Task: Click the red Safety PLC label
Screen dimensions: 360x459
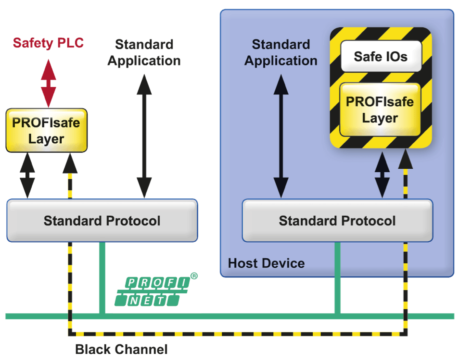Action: [x=48, y=43]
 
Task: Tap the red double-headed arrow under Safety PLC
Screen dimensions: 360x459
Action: [x=48, y=83]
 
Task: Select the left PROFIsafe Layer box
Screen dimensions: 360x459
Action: [x=46, y=130]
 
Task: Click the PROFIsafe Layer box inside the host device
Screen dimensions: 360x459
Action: [x=380, y=110]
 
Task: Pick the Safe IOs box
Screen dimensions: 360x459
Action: [x=381, y=56]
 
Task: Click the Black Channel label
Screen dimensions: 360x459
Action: [x=121, y=349]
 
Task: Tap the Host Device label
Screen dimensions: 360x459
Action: [x=266, y=263]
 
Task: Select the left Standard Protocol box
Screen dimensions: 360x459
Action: [x=102, y=221]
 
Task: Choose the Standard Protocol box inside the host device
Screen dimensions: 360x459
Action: [x=337, y=221]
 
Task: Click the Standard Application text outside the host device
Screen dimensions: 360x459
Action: [x=144, y=53]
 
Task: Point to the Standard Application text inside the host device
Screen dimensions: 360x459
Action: [x=281, y=53]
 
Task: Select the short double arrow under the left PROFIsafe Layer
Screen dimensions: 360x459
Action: [x=27, y=175]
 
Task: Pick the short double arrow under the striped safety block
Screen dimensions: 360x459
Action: [x=382, y=174]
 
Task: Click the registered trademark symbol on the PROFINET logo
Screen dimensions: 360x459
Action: [x=194, y=276]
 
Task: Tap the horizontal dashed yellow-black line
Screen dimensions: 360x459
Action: [x=236, y=333]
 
